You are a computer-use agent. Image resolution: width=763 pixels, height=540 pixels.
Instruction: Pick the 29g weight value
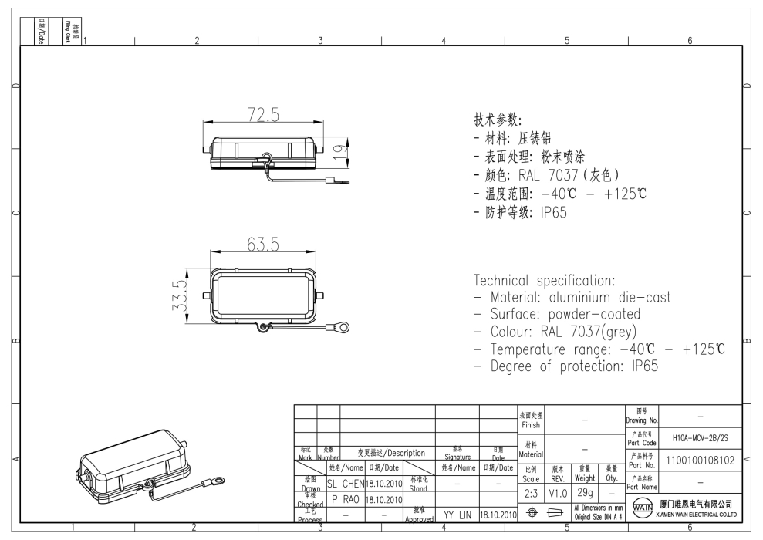[x=585, y=491]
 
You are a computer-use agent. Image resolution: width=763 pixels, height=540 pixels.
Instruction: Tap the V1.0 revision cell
[x=557, y=491]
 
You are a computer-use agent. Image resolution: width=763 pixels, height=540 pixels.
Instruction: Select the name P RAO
[x=346, y=498]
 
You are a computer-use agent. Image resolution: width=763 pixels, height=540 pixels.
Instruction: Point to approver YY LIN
[x=457, y=513]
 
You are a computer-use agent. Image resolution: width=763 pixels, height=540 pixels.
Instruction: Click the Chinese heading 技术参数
[x=498, y=121]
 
